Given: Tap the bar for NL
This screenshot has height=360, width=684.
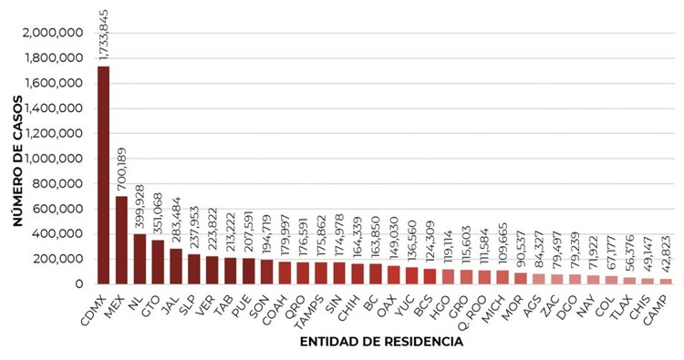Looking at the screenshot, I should coord(139,259).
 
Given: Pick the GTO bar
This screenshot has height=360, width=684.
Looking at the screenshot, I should coord(157,262).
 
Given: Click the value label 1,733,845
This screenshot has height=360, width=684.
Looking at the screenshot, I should coord(103,34).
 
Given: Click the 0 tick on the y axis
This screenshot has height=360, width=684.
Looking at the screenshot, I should coord(80,284).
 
